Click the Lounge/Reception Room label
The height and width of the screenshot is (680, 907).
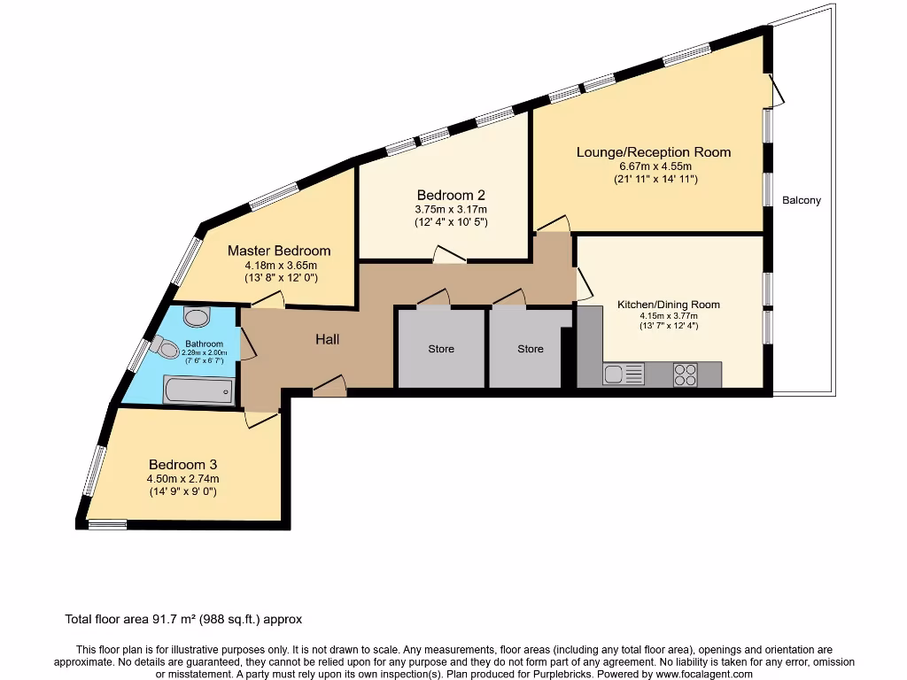point(654,152)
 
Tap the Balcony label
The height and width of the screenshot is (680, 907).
point(802,200)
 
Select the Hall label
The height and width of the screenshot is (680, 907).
point(327,339)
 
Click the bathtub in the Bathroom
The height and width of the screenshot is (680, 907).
point(199,389)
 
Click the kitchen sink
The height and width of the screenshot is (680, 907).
point(624,375)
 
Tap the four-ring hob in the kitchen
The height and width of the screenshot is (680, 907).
point(686,375)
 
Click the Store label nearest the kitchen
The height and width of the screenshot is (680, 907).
point(531,349)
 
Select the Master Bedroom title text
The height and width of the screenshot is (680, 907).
point(279,251)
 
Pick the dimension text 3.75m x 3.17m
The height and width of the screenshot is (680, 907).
point(452,210)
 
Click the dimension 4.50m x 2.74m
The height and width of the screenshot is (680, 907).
point(182,479)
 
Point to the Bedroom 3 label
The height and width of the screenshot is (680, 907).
point(182,464)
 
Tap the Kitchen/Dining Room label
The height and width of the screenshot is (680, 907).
point(669,305)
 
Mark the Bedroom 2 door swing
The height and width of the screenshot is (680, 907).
point(450,255)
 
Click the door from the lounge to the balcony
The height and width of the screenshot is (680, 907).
point(777,89)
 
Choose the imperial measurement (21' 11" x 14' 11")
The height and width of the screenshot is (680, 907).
point(655,180)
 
